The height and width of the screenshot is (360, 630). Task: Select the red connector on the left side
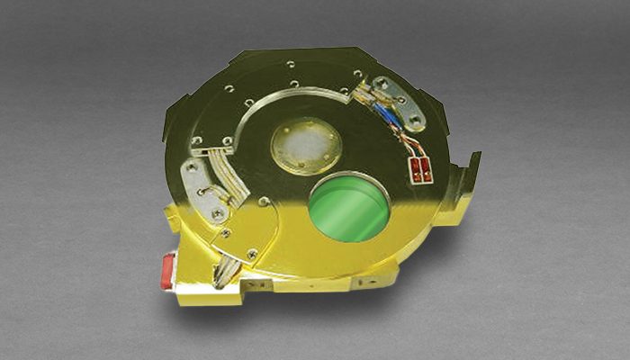tap(166, 273)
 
